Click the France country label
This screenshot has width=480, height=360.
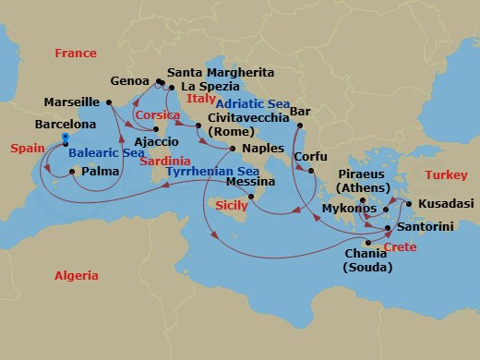pyautogui.click(x=76, y=54)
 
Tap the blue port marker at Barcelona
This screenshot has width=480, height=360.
pyautogui.click(x=66, y=138)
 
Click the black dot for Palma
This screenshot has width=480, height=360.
pyautogui.click(x=72, y=172)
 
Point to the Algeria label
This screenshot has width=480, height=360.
pyautogui.click(x=77, y=275)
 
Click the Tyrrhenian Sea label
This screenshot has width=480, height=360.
pyautogui.click(x=212, y=172)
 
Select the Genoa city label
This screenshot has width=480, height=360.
pyautogui.click(x=129, y=80)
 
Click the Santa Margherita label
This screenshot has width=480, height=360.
pyautogui.click(x=220, y=72)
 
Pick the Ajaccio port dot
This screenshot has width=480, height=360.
pyautogui.click(x=156, y=142)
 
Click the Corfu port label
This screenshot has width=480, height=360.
pyautogui.click(x=310, y=156)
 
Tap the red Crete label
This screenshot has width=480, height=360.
pyautogui.click(x=401, y=248)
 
